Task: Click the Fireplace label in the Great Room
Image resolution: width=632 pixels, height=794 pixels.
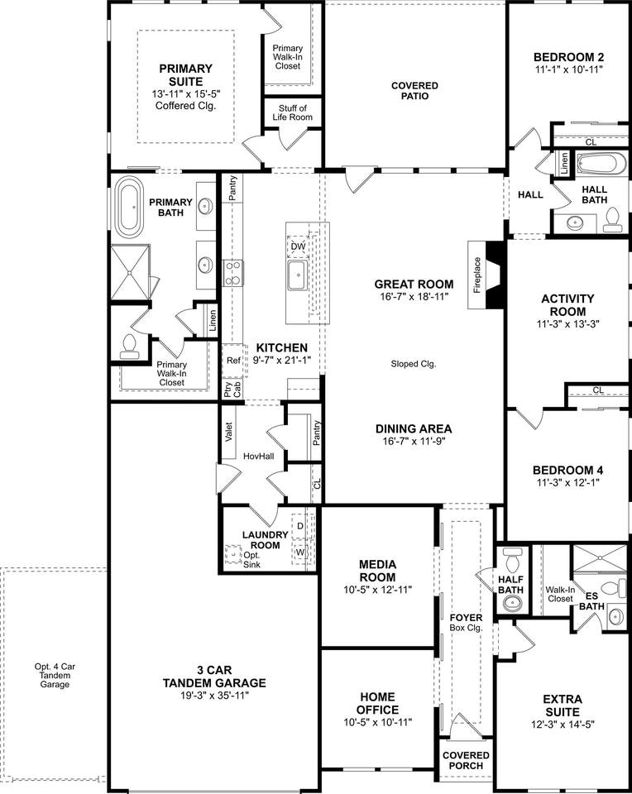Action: pos(477,275)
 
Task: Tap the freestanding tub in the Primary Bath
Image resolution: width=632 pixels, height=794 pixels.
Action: pos(130,207)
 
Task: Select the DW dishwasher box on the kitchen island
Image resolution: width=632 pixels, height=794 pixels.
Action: pos(298,246)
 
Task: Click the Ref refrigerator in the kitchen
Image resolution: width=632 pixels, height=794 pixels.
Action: pos(233,361)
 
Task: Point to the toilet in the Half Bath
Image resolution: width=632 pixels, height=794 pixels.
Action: pos(513,560)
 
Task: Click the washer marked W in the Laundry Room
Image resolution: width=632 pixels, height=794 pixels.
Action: pos(300,552)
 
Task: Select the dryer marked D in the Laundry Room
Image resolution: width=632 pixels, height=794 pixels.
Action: pos(300,526)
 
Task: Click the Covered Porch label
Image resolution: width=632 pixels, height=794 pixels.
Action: pos(466,761)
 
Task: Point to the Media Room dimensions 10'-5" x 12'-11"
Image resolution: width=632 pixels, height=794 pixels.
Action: pos(378,590)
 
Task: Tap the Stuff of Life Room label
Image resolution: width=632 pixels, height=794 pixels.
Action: pos(293,112)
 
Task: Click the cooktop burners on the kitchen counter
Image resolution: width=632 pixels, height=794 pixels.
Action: pos(233,274)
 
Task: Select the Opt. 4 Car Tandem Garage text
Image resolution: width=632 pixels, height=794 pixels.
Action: pos(55,676)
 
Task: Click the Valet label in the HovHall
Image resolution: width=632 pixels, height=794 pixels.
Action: pos(228,432)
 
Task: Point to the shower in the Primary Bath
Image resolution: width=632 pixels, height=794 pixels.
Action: pos(130,272)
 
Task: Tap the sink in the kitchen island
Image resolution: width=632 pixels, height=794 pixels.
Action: pos(298,276)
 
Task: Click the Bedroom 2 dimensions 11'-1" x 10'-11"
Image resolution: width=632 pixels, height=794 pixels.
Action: pos(568,69)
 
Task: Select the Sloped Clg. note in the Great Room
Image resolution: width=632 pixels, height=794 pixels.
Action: pos(414,364)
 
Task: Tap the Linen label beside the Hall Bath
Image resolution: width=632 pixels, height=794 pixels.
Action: pos(564,163)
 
